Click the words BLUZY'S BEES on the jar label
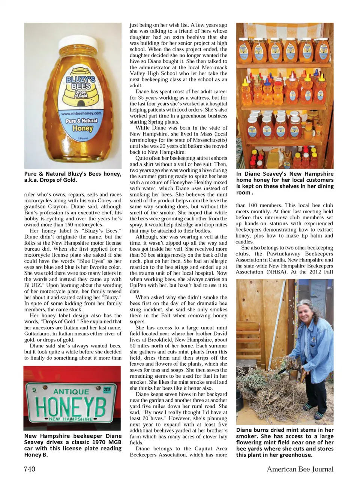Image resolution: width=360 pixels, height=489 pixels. coord(81,83)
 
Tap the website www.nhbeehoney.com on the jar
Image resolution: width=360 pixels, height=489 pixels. coord(81,113)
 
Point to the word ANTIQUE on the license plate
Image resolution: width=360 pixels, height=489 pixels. coord(71,392)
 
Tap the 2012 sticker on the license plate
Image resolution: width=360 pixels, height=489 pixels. coord(107,389)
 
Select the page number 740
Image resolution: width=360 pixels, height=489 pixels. coord(30,469)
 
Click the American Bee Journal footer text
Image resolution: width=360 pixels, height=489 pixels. coord(300,469)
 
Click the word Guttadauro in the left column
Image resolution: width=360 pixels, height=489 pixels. coord(39,333)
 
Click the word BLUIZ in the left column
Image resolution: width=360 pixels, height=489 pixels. coord(33,285)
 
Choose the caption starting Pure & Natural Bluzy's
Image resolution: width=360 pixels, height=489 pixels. coord(73,177)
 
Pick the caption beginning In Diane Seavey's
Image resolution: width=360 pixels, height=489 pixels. coord(285,183)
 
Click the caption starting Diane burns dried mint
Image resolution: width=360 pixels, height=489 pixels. coord(285,442)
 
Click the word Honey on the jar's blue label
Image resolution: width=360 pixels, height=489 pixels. coord(82,128)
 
